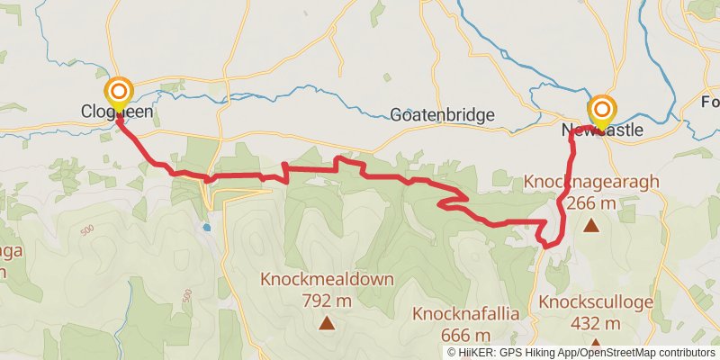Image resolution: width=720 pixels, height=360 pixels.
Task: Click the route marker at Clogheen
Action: pos(119,93)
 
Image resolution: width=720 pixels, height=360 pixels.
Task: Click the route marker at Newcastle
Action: pos(601,110)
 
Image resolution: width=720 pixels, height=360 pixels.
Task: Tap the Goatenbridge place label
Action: pos(443,115)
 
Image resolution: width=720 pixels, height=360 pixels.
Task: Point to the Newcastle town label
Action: pos(603,130)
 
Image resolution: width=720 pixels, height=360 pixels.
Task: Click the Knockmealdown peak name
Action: pos(328,279)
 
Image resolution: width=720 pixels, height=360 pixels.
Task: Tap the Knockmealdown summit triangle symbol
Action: pos(327,322)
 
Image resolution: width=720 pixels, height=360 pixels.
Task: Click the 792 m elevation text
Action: pos(327,299)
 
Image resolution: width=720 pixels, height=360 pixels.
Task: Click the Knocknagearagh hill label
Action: pos(591,184)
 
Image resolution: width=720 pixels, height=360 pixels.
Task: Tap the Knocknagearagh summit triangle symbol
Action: pos(591,225)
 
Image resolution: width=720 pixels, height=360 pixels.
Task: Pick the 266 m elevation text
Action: pos(591,203)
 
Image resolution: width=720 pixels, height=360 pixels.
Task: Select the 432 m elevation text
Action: pos(594,324)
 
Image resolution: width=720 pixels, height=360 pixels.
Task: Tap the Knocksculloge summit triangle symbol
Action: pos(594,345)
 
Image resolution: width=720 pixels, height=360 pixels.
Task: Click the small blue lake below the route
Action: pos(206,227)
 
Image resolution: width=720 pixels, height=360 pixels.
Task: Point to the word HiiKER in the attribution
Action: pos(475,352)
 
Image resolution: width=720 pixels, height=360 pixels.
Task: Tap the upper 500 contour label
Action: pos(87,230)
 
